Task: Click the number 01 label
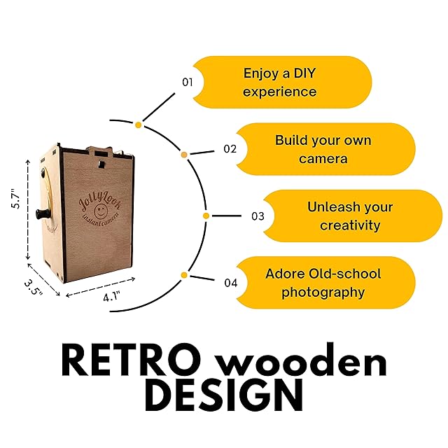coord(187,82)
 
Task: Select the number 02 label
coord(230,148)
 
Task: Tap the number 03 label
coord(258,216)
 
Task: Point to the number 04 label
coord(230,283)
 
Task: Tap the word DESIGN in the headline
coord(224,395)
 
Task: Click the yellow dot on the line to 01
coord(139,125)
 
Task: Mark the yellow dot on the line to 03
coord(206,216)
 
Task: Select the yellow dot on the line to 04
coord(183,275)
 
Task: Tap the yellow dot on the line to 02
coord(184,154)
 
